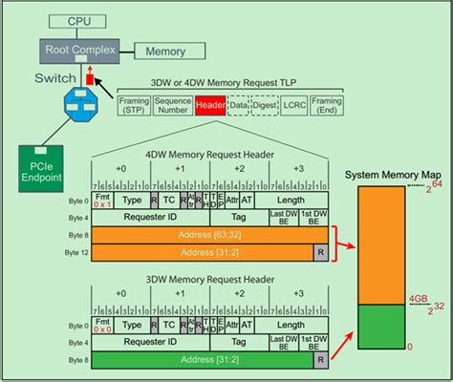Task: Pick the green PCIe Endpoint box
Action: pyautogui.click(x=43, y=163)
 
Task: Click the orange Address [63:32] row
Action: pyautogui.click(x=209, y=234)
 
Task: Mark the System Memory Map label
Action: pyautogui.click(x=394, y=175)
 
